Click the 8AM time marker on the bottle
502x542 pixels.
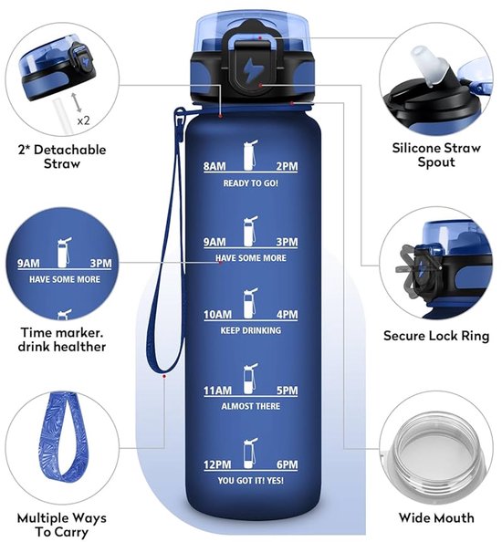(214, 166)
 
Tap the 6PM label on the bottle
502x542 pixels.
(287, 464)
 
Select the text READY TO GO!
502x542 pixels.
(251, 182)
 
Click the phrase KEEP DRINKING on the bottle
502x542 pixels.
(251, 330)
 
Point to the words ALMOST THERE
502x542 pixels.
(251, 406)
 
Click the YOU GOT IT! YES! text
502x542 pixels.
(251, 481)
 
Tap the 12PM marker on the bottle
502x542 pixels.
(217, 464)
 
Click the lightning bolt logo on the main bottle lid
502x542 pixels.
(249, 70)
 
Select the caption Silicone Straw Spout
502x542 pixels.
(436, 155)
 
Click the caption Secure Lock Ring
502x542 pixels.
(436, 336)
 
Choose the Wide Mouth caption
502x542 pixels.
(436, 517)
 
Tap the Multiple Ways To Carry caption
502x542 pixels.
(62, 525)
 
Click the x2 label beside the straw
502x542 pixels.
(83, 120)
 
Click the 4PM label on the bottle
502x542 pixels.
(287, 315)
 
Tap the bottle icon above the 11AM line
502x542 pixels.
(250, 379)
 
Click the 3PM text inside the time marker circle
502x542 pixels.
(100, 264)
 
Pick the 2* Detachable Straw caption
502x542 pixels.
(62, 156)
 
